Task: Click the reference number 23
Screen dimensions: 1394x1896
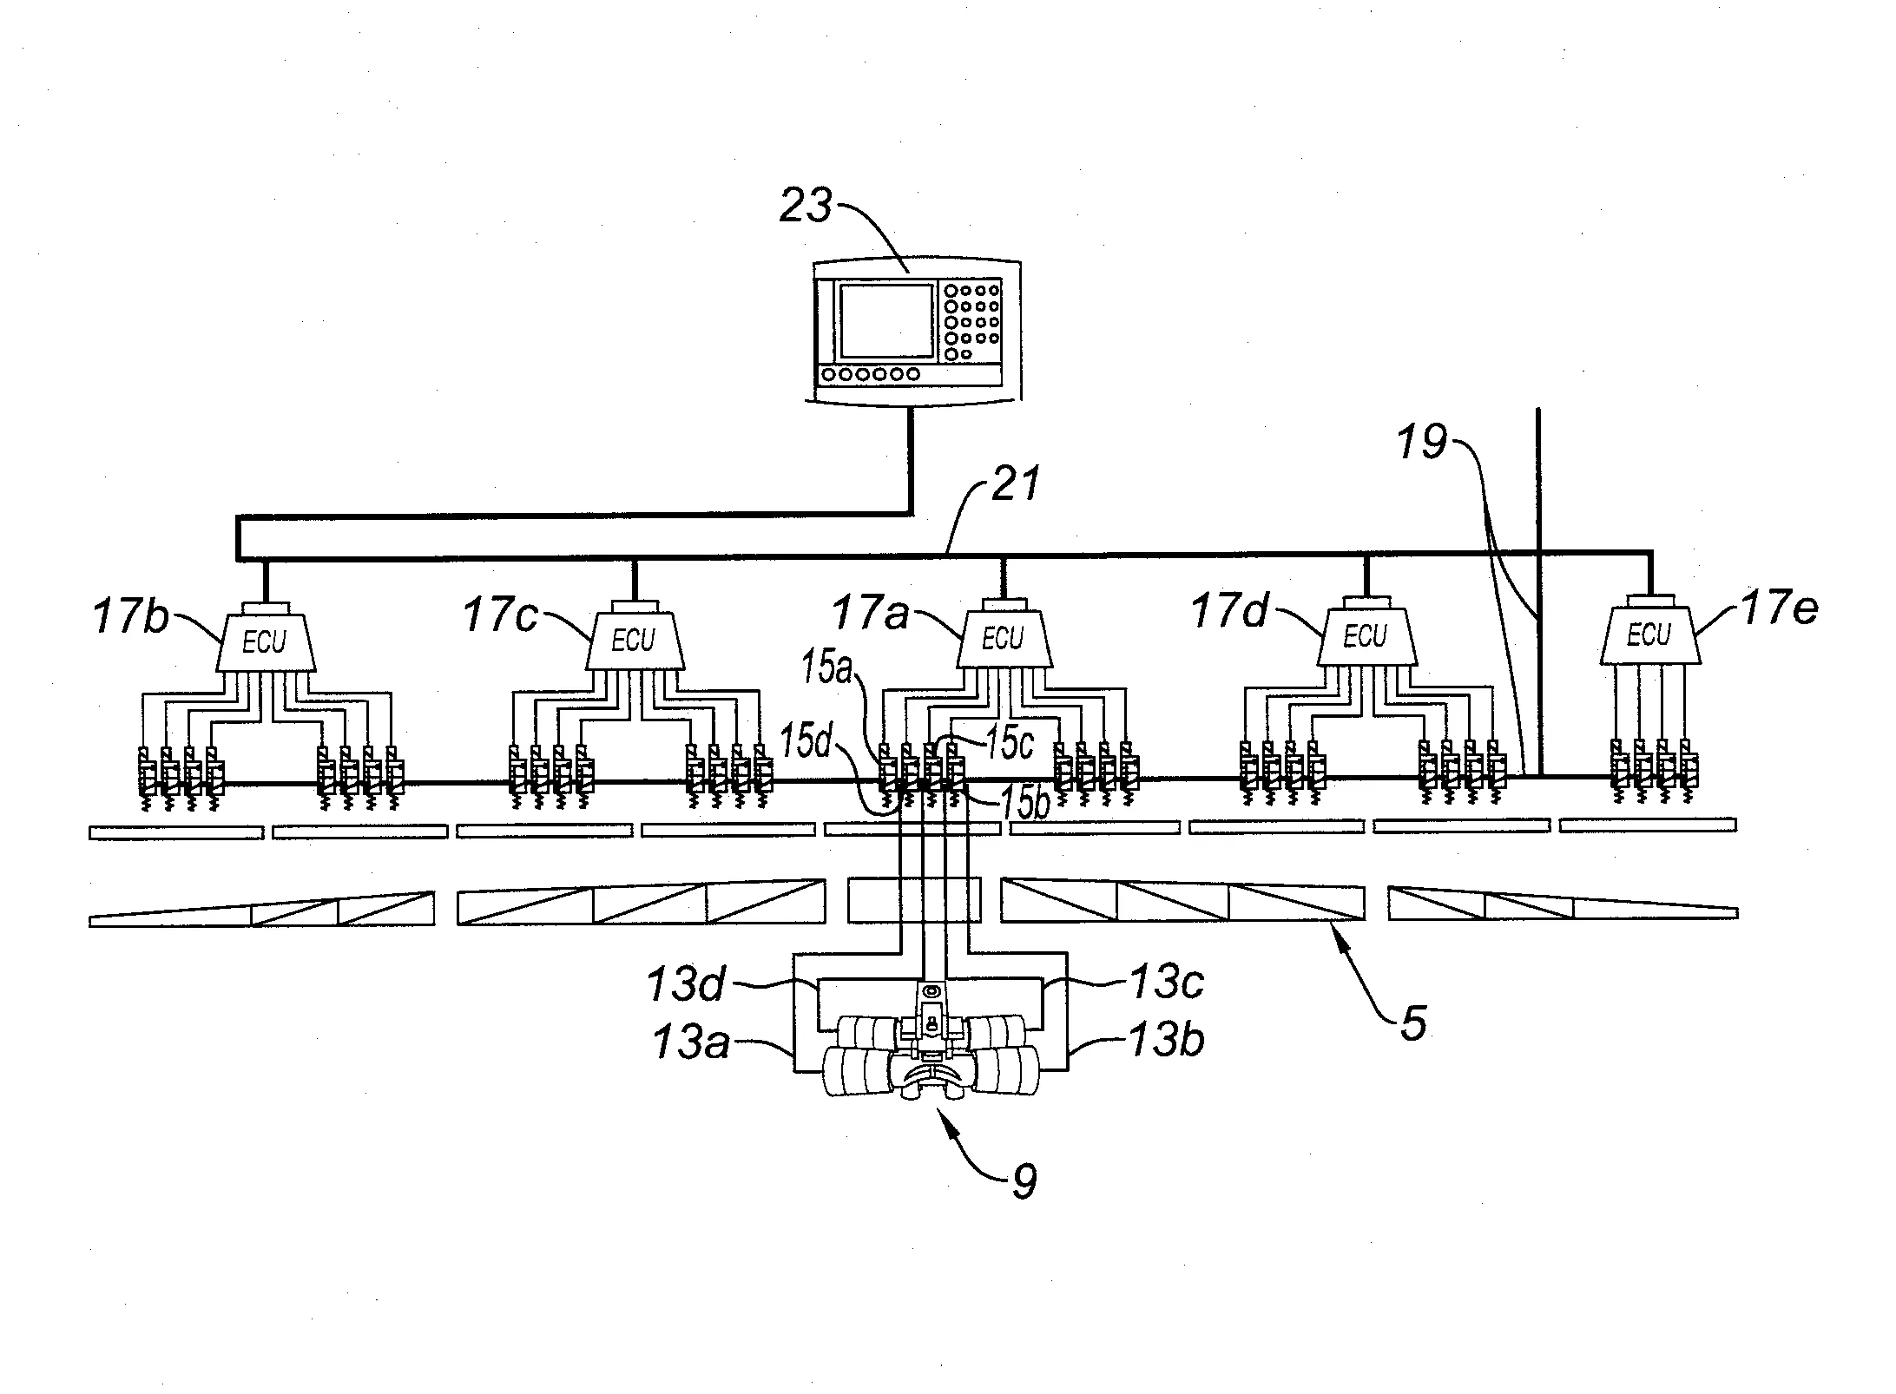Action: pos(805,207)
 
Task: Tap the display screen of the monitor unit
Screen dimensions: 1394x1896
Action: pos(885,321)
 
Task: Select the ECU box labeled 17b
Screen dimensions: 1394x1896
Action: pos(265,641)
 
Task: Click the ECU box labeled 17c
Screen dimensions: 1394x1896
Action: pos(633,641)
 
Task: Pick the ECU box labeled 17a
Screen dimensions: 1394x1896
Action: pos(1003,639)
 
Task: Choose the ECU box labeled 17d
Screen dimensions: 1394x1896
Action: pos(1365,637)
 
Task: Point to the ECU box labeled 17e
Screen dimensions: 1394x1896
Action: pos(1648,635)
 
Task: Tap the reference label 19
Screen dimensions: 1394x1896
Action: pos(1422,443)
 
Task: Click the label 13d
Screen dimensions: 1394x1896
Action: pos(686,983)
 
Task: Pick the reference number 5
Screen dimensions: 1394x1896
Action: pos(1413,1024)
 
